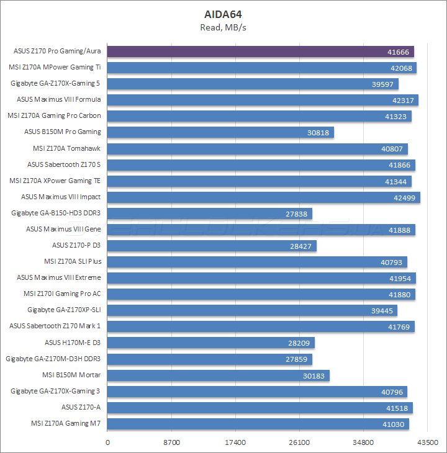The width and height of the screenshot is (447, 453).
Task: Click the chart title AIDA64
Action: point(223,14)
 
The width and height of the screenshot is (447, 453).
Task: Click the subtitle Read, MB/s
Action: point(223,27)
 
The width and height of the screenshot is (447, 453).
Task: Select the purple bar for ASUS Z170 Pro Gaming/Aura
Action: point(261,52)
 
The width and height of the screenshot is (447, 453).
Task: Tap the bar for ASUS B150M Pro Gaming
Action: point(220,132)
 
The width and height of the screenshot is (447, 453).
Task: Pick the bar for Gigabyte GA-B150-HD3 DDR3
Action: point(210,213)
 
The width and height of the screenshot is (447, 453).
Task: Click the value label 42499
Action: point(405,197)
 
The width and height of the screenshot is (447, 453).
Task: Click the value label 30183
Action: point(315,375)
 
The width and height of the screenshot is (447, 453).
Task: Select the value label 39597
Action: point(384,84)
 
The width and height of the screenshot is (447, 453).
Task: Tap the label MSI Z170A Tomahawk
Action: point(67,148)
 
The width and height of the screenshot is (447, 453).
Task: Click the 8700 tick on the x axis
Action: point(171,442)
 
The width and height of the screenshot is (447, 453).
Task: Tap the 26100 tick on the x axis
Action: point(299,442)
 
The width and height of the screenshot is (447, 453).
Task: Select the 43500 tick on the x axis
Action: point(427,442)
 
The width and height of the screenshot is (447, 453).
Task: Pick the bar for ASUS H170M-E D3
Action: point(211,343)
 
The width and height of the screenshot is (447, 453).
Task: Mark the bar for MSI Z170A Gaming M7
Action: point(258,424)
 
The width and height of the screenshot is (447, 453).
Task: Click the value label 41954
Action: point(401,278)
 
